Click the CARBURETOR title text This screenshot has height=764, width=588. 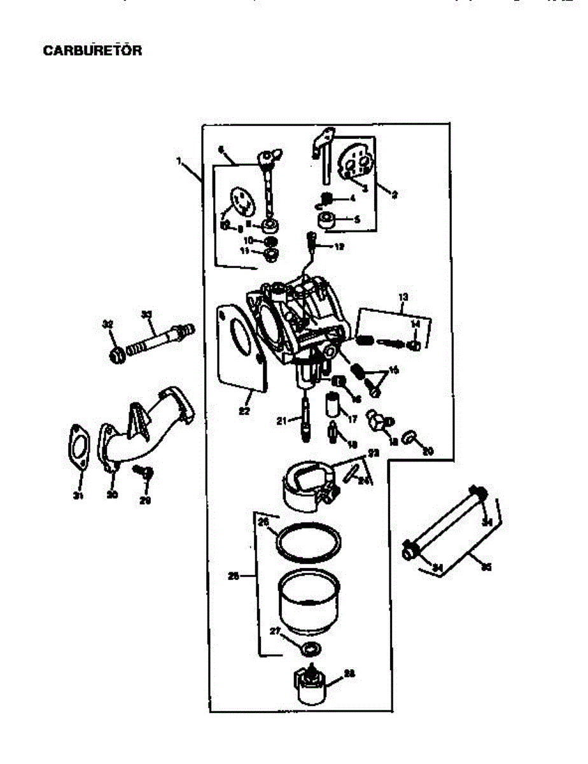pos(92,50)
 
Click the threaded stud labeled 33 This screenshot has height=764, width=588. pos(159,341)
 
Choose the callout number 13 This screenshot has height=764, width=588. pos(402,297)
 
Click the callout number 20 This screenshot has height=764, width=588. pos(428,451)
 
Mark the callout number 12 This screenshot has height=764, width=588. pos(339,246)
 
